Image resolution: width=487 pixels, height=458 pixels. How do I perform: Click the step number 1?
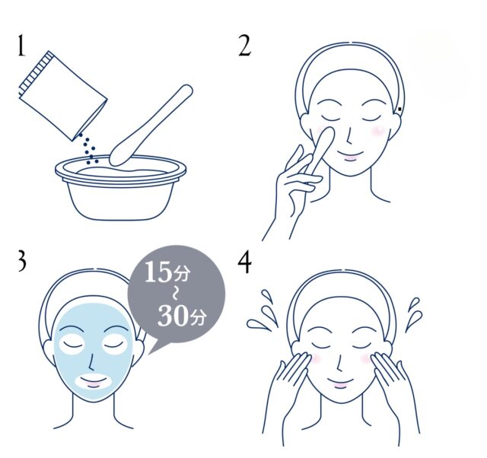click(21, 46)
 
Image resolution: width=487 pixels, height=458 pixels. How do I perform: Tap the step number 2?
click(244, 46)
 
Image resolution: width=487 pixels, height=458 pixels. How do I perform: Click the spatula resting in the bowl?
click(151, 125)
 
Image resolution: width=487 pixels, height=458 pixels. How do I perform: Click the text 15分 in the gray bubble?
click(167, 272)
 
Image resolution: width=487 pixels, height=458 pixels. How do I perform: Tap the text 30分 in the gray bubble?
click(181, 315)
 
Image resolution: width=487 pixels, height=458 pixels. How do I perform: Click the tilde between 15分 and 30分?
click(175, 294)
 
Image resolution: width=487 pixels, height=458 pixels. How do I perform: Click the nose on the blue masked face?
click(90, 361)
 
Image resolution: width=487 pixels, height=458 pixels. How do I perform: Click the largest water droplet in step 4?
click(259, 323)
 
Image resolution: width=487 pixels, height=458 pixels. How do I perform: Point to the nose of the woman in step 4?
click(339, 362)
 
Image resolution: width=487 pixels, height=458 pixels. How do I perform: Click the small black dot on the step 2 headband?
click(399, 109)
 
